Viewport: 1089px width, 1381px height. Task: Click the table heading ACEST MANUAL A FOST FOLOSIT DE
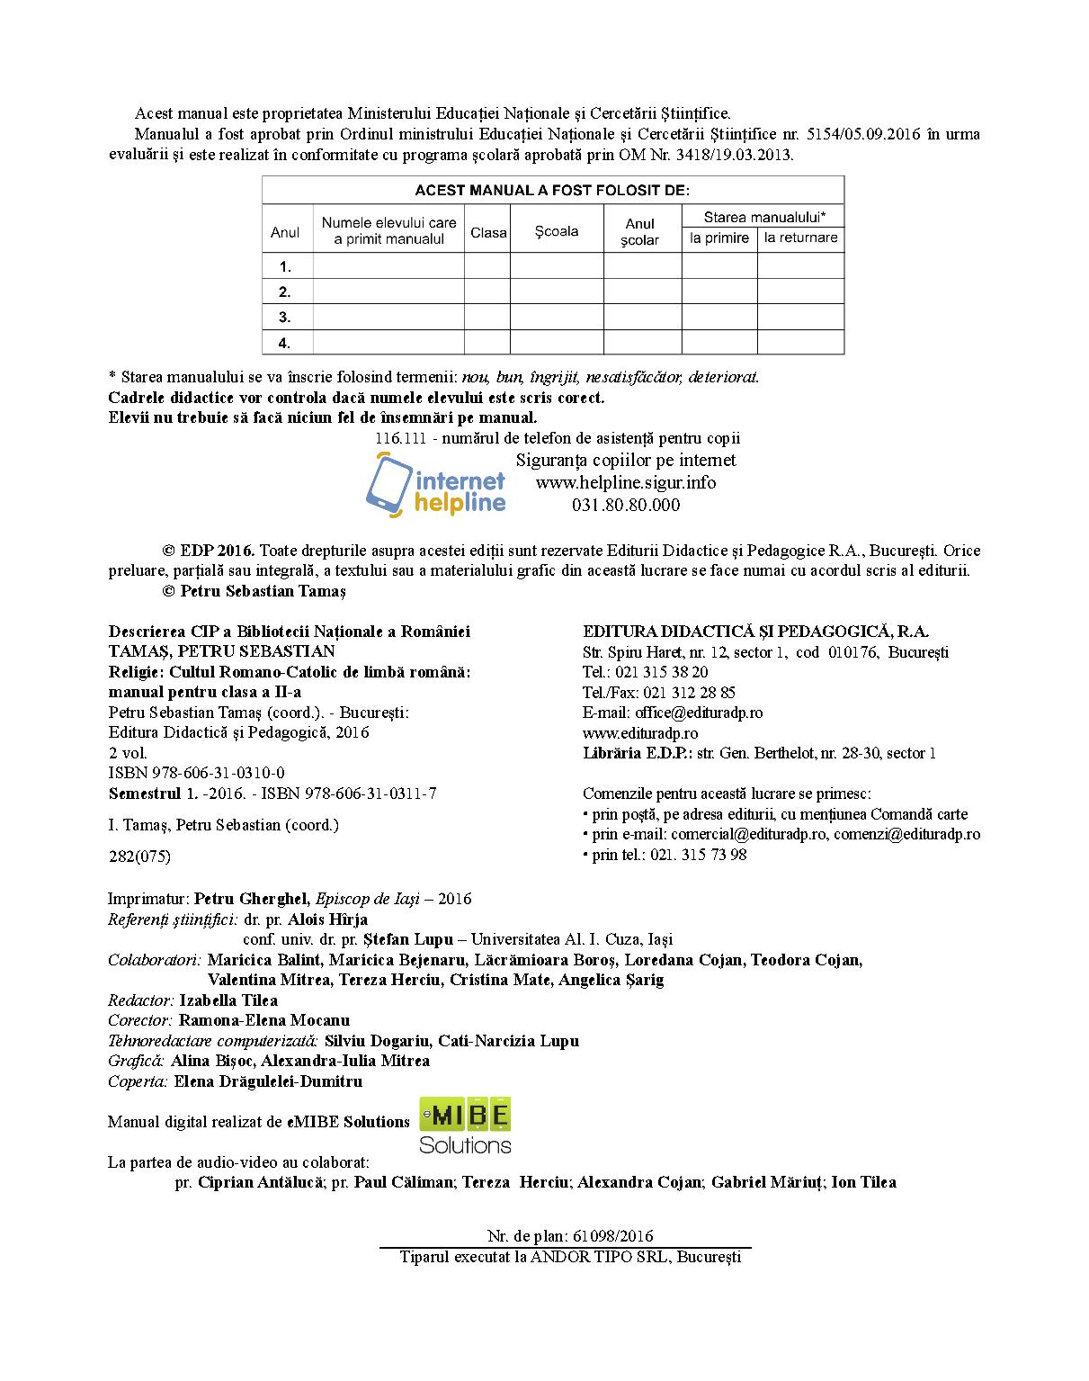tap(552, 191)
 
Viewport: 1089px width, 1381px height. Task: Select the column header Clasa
tap(488, 232)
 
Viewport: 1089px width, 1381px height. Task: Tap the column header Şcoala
tap(557, 231)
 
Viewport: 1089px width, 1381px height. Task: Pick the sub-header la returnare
tap(800, 238)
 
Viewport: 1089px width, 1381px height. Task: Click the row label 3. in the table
tap(285, 317)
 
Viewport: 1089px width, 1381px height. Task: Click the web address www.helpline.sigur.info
tap(626, 482)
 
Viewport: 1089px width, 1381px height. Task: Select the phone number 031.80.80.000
tap(626, 505)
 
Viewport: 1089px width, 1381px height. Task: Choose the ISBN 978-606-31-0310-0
tap(196, 773)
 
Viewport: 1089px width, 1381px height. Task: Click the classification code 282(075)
tap(138, 856)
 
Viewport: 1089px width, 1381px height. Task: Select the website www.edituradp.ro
tap(639, 733)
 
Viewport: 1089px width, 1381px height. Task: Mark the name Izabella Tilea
tap(228, 1000)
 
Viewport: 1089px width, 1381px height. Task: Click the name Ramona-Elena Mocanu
tap(264, 1020)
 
